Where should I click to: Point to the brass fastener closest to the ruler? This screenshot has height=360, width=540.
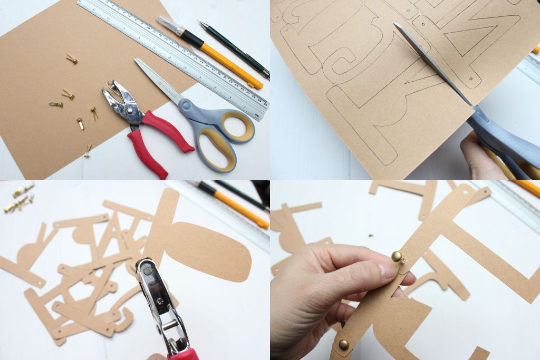click(x=72, y=59)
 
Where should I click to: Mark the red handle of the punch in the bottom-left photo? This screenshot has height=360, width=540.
click(x=185, y=354)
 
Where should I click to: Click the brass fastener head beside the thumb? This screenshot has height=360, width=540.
click(x=396, y=257)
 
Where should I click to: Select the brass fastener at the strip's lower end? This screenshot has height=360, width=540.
click(x=344, y=344)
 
